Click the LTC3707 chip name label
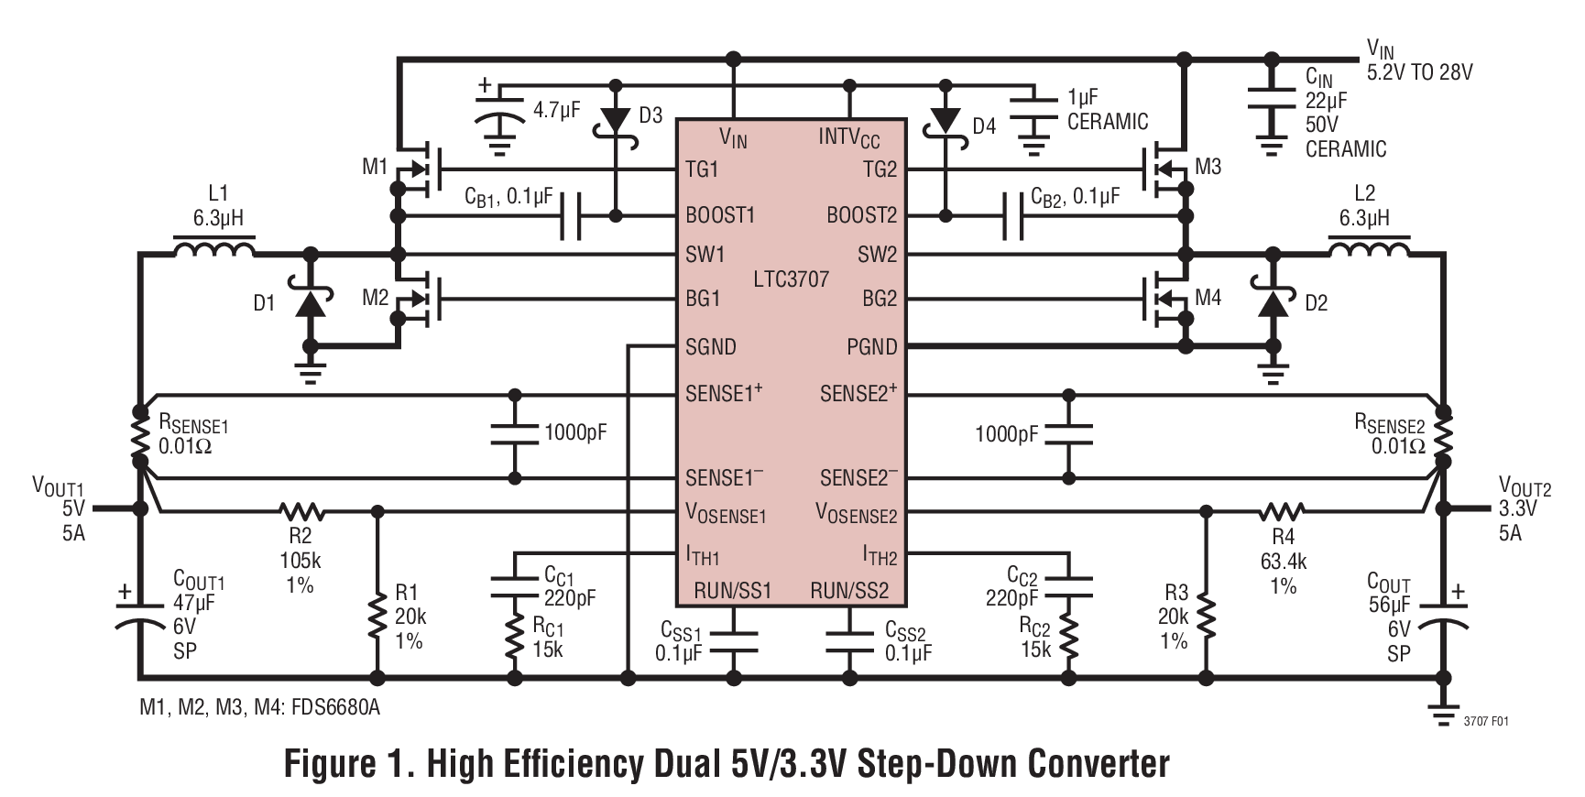click(x=791, y=278)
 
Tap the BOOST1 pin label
click(x=719, y=215)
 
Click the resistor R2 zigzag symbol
click(x=301, y=511)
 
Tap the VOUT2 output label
click(x=1525, y=486)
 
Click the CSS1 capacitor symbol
click(x=733, y=640)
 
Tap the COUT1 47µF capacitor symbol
click(x=140, y=615)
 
